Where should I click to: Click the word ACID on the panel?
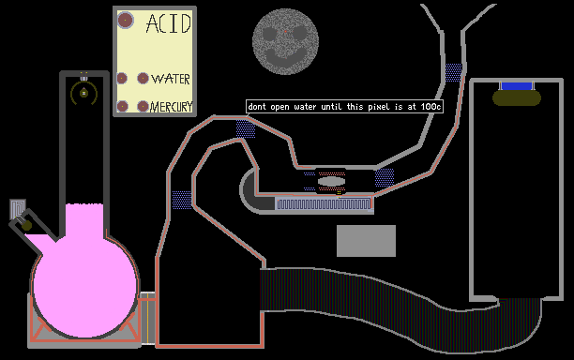tap(169, 23)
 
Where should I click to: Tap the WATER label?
tap(171, 79)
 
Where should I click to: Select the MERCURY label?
tap(172, 107)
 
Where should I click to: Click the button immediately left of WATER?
tap(143, 79)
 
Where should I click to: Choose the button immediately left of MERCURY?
tap(143, 107)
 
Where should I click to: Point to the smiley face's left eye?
tap(269, 34)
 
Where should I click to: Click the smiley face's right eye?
tap(299, 34)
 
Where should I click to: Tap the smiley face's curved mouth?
tap(286, 58)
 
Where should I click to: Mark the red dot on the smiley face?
tap(285, 32)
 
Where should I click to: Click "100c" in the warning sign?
tap(430, 107)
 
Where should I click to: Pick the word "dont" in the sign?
tap(257, 107)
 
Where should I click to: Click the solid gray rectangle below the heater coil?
tap(366, 241)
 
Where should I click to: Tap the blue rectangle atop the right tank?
tap(517, 86)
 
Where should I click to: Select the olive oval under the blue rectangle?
tap(517, 98)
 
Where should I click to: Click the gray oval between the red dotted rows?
tap(331, 181)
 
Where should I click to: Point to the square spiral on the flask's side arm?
tap(18, 208)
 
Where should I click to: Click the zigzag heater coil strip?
tap(324, 203)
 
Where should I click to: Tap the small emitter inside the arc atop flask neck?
tap(84, 93)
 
